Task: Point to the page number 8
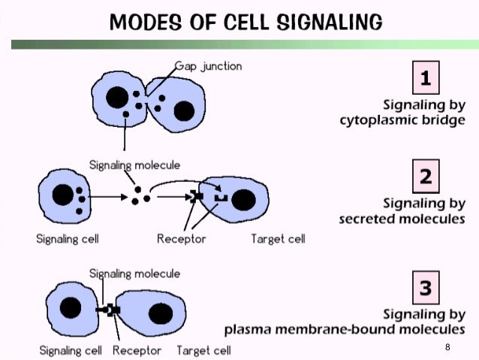tap(447, 347)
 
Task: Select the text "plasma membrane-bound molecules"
tap(345, 329)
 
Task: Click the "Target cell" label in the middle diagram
tap(278, 240)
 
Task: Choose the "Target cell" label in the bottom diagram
tap(203, 350)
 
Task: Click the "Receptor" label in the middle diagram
tap(182, 240)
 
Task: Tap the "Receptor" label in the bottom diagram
tap(137, 350)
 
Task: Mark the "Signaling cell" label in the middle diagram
tap(68, 240)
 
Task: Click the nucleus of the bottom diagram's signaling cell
tap(71, 307)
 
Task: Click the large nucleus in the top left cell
tap(116, 98)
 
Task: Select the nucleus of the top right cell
tap(184, 111)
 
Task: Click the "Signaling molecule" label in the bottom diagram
tap(134, 274)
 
